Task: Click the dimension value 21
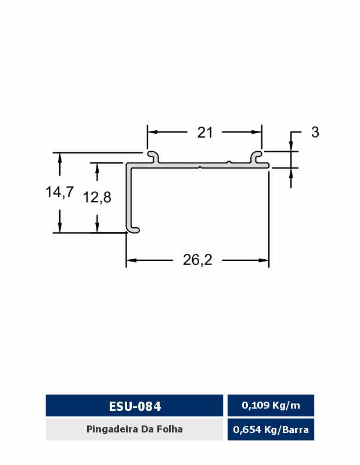coord(205,133)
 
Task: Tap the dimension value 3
coord(315,132)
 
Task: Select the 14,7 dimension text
coord(60,192)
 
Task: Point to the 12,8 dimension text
coord(97,197)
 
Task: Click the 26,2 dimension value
coord(197,260)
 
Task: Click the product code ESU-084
coord(135,406)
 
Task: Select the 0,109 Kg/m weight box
coord(271,405)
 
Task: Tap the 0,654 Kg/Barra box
coord(271,429)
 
